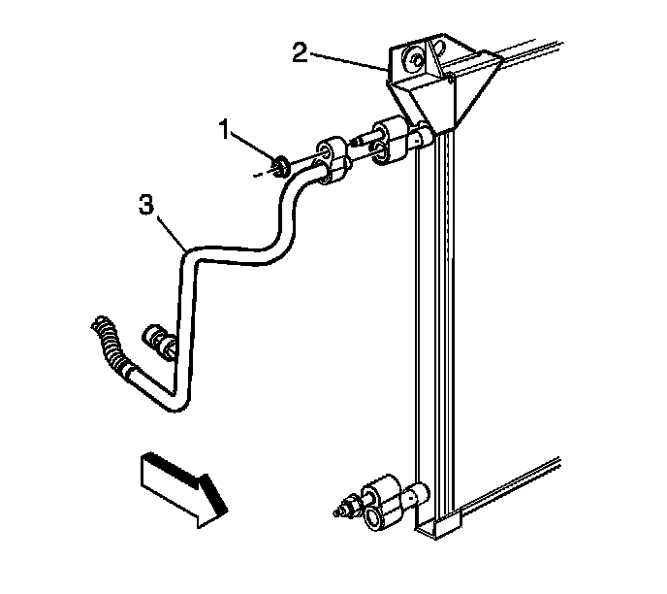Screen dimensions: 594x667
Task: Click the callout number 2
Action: [302, 50]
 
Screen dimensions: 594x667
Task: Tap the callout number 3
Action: [146, 205]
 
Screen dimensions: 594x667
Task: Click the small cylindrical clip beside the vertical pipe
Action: [158, 341]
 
